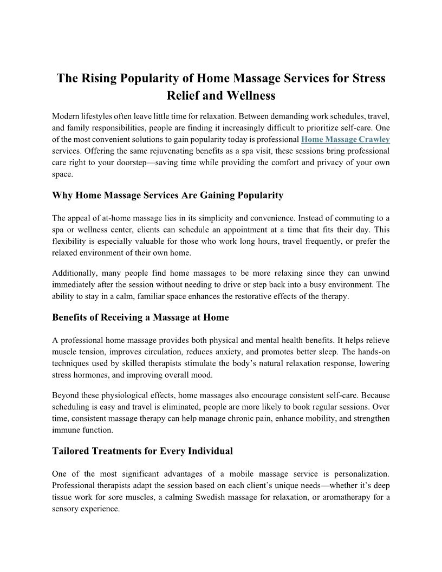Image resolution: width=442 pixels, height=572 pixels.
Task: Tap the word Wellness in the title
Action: click(246, 96)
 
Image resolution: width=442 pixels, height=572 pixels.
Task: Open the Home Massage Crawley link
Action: click(346, 139)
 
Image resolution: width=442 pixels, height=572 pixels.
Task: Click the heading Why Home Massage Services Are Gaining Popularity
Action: click(167, 195)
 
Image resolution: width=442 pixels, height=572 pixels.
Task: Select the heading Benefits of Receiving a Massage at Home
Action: click(140, 317)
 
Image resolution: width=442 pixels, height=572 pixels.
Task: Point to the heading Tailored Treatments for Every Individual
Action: click(142, 451)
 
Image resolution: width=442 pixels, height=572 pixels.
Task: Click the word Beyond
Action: click(64, 396)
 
